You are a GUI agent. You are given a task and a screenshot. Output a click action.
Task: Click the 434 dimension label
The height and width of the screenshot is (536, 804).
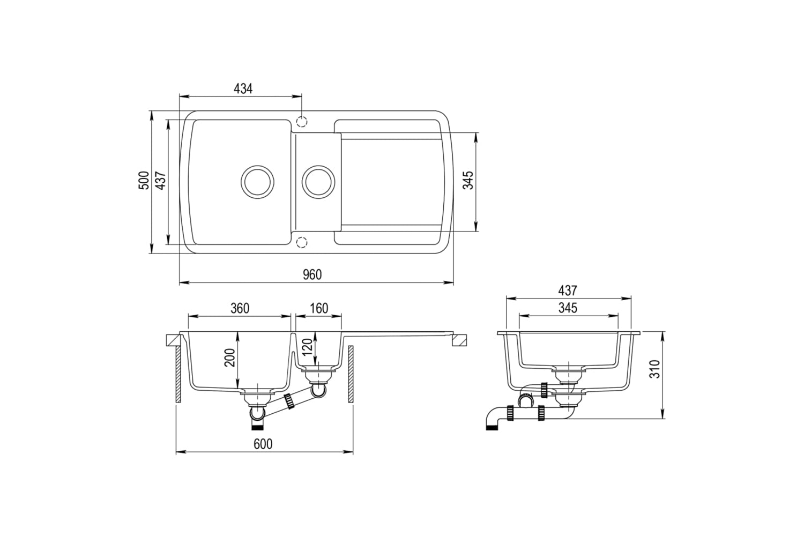click(x=243, y=88)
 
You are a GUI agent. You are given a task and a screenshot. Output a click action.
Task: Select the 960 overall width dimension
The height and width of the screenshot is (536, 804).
click(x=312, y=274)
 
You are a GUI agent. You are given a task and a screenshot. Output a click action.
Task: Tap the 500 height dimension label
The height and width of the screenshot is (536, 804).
click(x=144, y=181)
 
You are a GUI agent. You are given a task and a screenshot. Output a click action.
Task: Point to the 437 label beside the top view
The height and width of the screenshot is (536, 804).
click(x=160, y=181)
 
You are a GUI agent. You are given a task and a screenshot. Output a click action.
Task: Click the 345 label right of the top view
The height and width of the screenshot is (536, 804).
click(x=468, y=181)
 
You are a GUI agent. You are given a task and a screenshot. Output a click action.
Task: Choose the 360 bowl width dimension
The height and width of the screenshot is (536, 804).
click(x=240, y=308)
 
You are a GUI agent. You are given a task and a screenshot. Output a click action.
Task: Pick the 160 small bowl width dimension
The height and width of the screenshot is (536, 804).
click(x=319, y=308)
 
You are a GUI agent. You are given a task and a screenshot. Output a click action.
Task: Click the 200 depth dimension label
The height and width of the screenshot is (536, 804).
click(x=230, y=358)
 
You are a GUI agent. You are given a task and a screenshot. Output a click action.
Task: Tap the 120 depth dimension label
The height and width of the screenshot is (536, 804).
click(x=307, y=347)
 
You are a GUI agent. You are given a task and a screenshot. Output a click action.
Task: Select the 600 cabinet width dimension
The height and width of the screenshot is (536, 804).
click(x=263, y=444)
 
